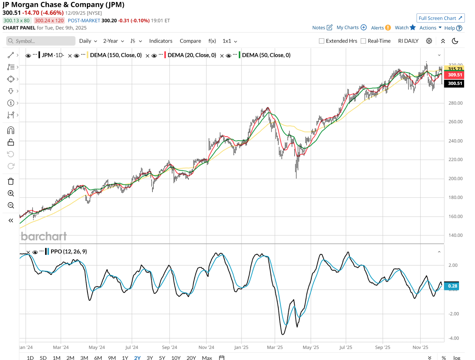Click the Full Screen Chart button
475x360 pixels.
[440, 18]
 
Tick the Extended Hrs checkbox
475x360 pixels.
[322, 41]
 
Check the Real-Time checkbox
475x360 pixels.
[363, 41]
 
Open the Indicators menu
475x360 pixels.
[161, 41]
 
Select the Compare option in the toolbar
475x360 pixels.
[190, 41]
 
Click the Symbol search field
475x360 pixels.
[41, 41]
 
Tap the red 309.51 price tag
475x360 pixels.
[455, 75]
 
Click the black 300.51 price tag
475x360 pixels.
[455, 83]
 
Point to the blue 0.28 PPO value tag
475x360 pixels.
[452, 286]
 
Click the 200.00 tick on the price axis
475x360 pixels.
[455, 179]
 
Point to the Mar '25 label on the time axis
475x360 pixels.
[275, 347]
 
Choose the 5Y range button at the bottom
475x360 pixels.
[162, 358]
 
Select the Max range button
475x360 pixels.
[207, 358]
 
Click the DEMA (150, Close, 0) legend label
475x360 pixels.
[116, 55]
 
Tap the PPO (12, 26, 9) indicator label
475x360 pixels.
[69, 252]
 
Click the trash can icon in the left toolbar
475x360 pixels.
[11, 181]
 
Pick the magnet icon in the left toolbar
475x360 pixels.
[11, 130]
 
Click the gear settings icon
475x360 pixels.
[429, 41]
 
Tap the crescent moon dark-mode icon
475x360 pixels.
[455, 41]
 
